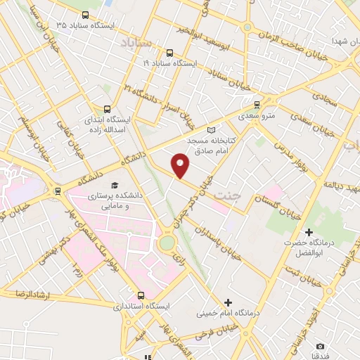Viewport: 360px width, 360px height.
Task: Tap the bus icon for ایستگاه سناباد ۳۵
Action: (x=85, y=15)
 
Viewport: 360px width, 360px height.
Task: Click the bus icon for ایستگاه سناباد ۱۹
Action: (x=169, y=53)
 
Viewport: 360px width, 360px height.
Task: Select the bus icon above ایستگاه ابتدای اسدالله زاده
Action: (x=107, y=109)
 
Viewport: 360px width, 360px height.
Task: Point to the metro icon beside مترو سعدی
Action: (x=257, y=102)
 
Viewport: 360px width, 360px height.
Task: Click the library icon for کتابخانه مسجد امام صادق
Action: (x=214, y=129)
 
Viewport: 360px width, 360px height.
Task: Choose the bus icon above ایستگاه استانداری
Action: (x=141, y=295)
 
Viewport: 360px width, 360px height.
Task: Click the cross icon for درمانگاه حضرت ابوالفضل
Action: (x=308, y=232)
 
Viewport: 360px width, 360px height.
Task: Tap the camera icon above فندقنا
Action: (x=320, y=346)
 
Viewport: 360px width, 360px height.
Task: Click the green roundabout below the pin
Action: (x=167, y=243)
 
